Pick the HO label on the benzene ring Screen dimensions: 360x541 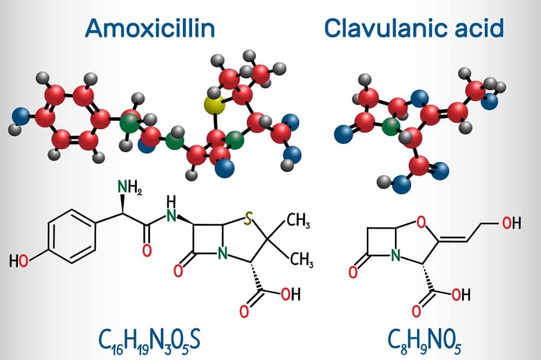tap(21, 262)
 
